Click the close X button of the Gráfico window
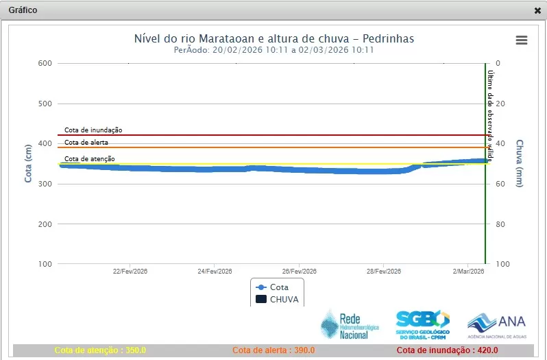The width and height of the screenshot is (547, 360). point(537,11)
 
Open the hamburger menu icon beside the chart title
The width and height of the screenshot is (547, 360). point(522,40)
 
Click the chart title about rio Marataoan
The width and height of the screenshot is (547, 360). point(273,38)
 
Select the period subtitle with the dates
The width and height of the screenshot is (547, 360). point(273,50)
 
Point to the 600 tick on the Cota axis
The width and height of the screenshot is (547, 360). point(45,64)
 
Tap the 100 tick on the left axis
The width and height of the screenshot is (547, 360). point(45,264)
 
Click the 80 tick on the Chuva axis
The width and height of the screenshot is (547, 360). point(499,224)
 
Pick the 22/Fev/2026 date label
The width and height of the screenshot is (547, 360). point(130,272)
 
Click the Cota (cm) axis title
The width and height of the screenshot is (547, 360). point(29,163)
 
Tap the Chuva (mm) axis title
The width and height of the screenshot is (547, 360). point(520,163)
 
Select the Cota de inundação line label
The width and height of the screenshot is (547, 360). point(93,130)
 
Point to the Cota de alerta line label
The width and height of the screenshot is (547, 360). point(86,143)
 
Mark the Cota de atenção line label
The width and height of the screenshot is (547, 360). point(89,159)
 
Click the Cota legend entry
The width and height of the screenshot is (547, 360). point(272,287)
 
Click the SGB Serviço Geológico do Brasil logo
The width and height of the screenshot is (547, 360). point(422,324)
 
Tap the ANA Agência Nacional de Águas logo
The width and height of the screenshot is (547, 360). point(496,325)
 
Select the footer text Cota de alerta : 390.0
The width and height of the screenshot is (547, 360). point(274,350)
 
